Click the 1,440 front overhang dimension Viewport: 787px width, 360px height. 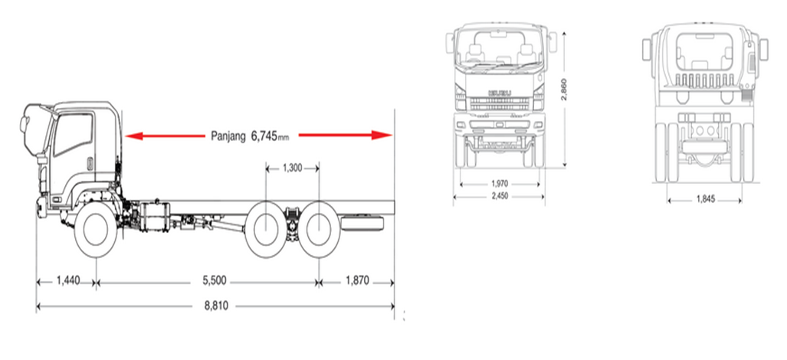[68, 281]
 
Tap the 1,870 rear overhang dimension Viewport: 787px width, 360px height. [357, 281]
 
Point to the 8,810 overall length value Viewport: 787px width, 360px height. [216, 306]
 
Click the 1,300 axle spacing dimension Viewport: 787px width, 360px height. [293, 168]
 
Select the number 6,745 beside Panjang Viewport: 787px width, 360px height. [264, 136]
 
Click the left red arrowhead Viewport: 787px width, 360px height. [133, 136]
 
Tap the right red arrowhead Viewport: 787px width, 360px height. [382, 135]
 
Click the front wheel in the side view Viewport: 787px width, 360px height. [95, 230]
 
